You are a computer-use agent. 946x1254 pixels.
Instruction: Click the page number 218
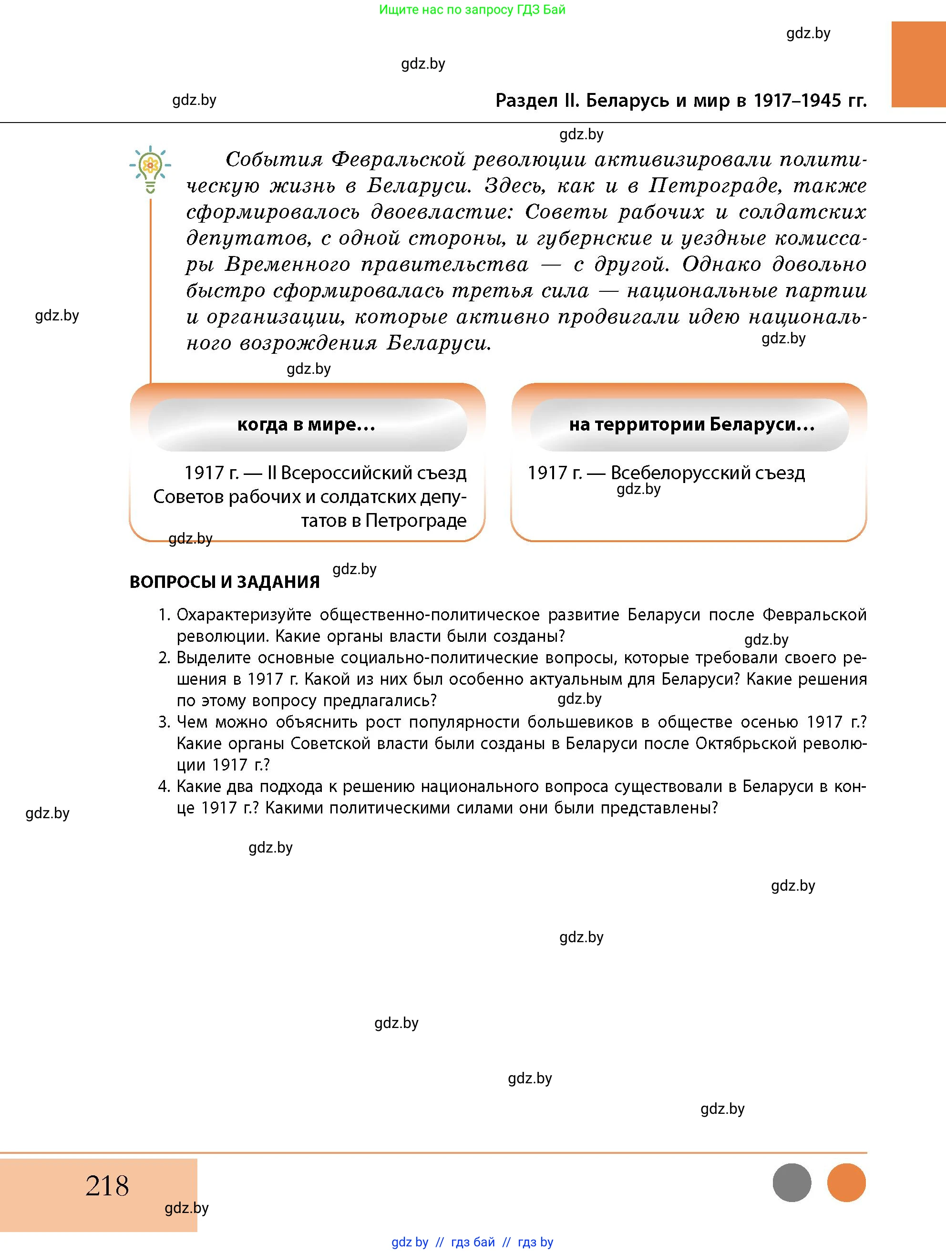pos(107,1186)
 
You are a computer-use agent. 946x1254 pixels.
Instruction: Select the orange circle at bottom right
pos(846,1182)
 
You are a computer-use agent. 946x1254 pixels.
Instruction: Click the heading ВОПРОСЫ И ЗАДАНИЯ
pos(225,582)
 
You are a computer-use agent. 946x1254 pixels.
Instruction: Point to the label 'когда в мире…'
pos(307,425)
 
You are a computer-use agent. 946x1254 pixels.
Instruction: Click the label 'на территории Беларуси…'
pos(691,425)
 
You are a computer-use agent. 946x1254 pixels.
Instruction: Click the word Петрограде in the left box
pos(415,520)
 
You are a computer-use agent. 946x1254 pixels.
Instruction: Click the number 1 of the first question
pos(163,615)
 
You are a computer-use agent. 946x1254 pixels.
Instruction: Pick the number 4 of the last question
pos(163,786)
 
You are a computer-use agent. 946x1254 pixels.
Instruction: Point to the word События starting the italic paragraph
pos(274,159)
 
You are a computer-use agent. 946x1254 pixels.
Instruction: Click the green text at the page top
pos(472,10)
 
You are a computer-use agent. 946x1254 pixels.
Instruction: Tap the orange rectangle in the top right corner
pos(918,64)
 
